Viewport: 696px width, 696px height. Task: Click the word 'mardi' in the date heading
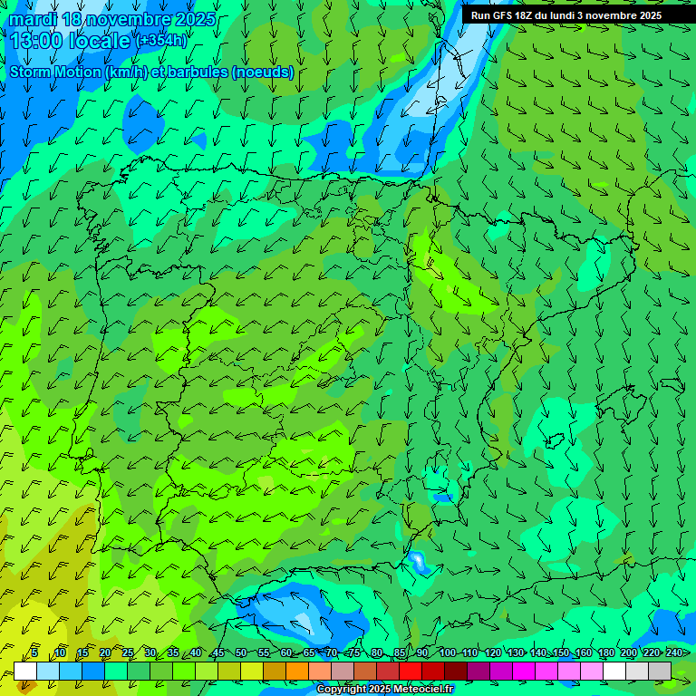click(34, 19)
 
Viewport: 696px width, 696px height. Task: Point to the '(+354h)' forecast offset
click(161, 41)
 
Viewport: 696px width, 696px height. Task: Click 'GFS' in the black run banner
click(505, 15)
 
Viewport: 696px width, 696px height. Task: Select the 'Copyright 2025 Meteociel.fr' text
click(384, 690)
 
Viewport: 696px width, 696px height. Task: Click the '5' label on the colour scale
click(34, 652)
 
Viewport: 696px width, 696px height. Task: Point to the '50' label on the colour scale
click(240, 652)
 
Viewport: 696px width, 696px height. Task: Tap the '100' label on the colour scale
click(447, 652)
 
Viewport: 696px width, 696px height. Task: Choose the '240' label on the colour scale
click(673, 652)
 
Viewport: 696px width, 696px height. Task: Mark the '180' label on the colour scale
click(605, 652)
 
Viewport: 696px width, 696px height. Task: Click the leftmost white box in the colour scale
click(25, 671)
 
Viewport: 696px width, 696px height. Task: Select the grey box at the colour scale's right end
click(660, 671)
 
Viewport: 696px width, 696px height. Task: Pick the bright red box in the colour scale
click(411, 671)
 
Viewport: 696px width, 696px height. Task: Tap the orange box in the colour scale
click(297, 671)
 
